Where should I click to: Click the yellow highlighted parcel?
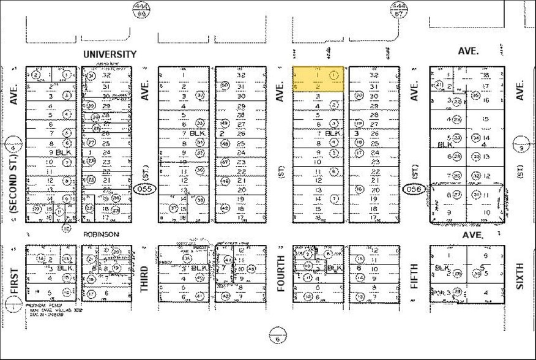318,80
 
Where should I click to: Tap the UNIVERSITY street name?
110,54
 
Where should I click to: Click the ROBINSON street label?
101,234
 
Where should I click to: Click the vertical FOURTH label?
281,273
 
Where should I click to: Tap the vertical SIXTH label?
520,277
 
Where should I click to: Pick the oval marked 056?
414,190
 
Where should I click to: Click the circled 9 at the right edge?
521,148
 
